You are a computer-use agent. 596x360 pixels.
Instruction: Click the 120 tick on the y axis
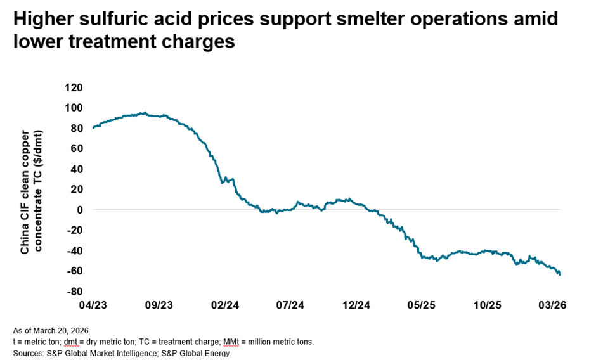[75, 87]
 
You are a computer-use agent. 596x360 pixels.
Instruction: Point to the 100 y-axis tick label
[75, 107]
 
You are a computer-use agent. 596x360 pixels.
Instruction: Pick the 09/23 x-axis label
[159, 305]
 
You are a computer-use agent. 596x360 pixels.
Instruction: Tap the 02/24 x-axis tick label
[224, 305]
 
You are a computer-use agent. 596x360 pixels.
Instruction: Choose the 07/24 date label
[290, 305]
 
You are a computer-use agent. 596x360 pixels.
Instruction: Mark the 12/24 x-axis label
[356, 305]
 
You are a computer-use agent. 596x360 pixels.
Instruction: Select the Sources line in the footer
[122, 354]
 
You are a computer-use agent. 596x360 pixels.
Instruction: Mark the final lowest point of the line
[560, 274]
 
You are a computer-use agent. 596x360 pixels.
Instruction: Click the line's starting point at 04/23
[93, 128]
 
